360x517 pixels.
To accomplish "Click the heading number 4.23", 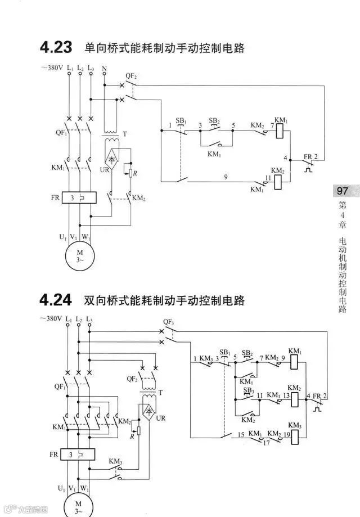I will [x=55, y=47].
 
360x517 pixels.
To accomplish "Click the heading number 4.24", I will [x=55, y=300].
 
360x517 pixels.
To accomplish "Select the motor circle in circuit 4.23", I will [x=79, y=255].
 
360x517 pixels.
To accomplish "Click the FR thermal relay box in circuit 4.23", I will [x=79, y=198].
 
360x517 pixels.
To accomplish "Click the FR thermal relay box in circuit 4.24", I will [x=79, y=454].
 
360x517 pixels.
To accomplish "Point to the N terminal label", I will [x=104, y=69].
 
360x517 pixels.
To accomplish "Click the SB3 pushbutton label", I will [x=247, y=390].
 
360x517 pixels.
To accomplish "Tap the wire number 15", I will [x=240, y=435].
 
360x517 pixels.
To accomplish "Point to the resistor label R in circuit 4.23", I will [x=136, y=173].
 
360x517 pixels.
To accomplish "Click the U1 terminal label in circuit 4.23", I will [x=62, y=237].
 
